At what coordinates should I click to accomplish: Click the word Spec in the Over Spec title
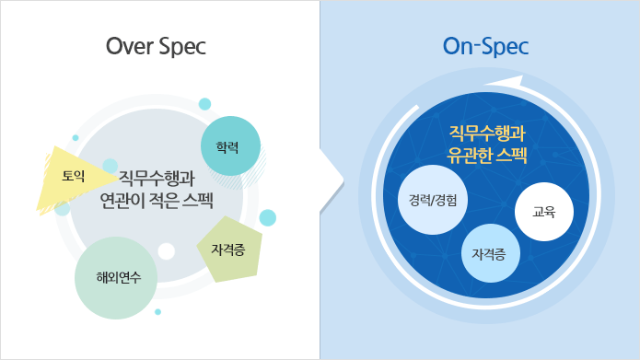pyautogui.click(x=181, y=46)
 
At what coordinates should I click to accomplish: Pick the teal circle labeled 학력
pyautogui.click(x=231, y=146)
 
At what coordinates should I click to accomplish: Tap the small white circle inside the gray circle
pyautogui.click(x=166, y=250)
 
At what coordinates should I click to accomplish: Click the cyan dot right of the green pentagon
pyautogui.click(x=268, y=217)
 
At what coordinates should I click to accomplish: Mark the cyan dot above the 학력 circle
pyautogui.click(x=204, y=103)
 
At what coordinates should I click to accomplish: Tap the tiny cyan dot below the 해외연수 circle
pyautogui.click(x=157, y=312)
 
